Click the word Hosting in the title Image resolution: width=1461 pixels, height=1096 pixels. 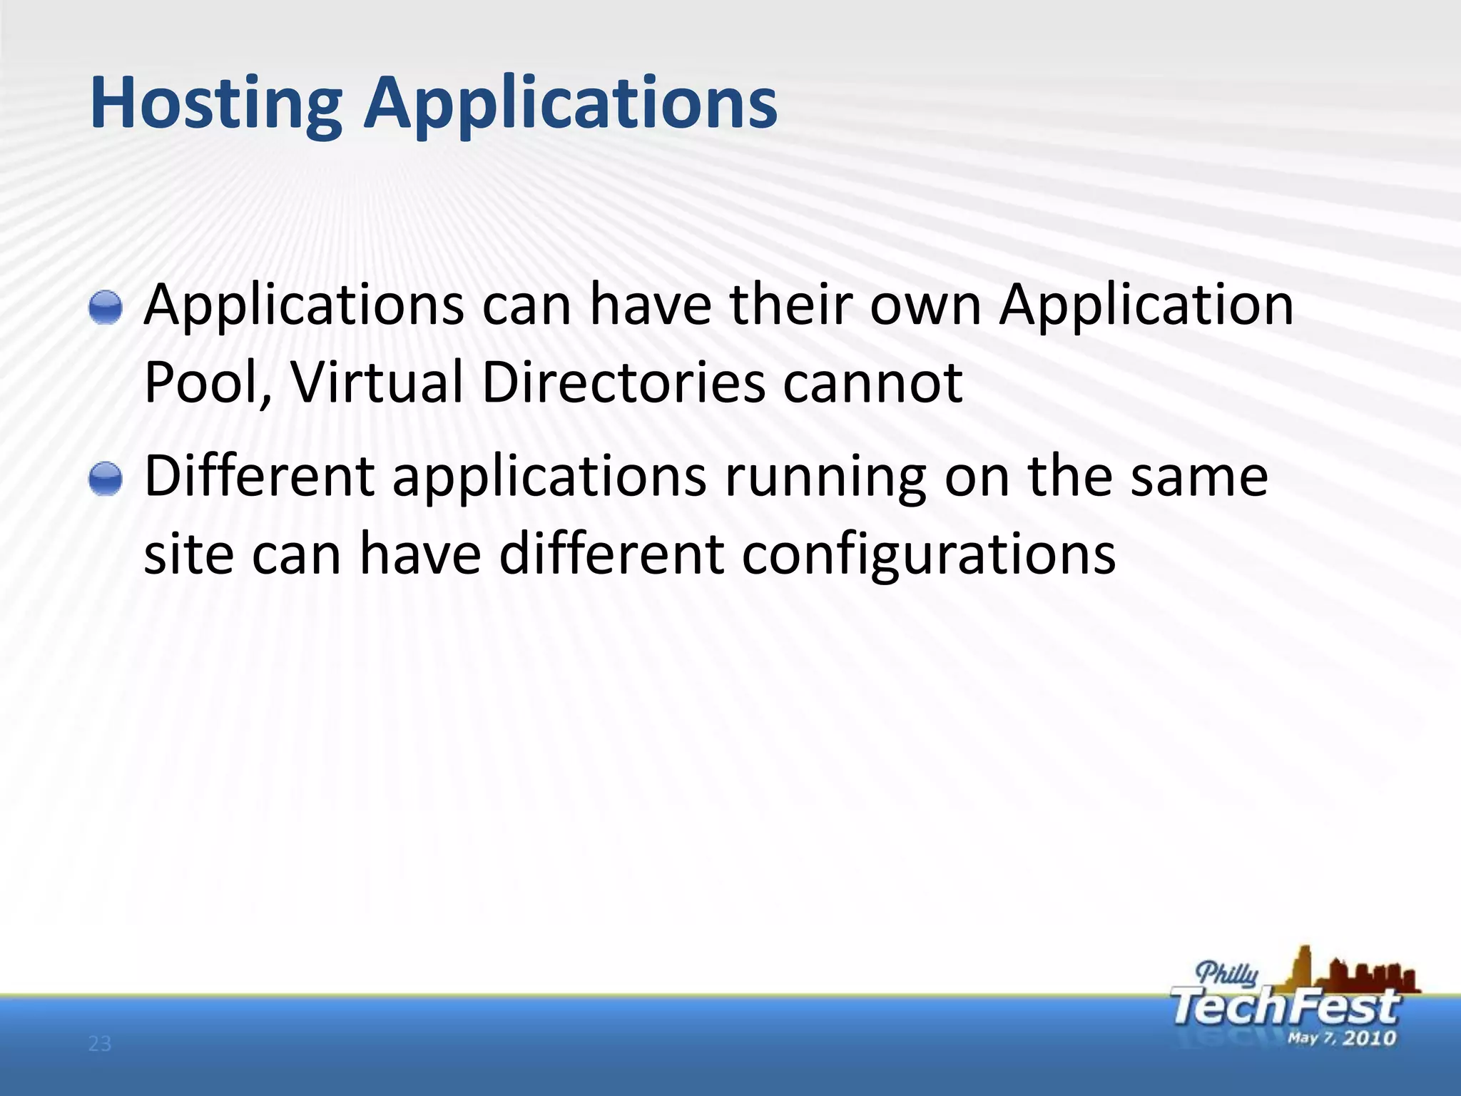(215, 104)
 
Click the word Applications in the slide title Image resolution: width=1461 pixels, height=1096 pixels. (570, 104)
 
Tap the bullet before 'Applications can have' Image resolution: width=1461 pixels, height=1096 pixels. (106, 308)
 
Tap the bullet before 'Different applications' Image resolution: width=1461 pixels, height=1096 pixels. (106, 477)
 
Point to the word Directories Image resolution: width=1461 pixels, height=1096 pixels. (623, 382)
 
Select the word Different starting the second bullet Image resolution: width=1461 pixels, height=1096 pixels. (260, 475)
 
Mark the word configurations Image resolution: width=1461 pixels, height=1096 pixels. (928, 555)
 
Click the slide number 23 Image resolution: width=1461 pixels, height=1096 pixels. (100, 1045)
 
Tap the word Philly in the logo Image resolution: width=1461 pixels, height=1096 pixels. (1227, 973)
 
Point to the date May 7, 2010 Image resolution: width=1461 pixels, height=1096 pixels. (1341, 1037)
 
